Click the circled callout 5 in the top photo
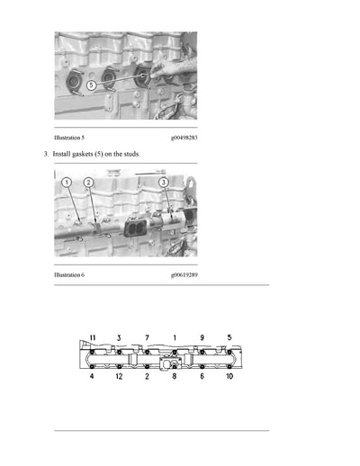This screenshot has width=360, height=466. point(91,85)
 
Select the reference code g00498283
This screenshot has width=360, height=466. point(183,139)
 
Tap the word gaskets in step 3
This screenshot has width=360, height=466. point(85,156)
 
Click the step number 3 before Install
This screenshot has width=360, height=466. point(46,156)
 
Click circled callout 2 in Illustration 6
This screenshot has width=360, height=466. point(88,183)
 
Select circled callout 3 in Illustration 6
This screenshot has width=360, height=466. point(163,183)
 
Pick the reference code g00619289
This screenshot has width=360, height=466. point(183,273)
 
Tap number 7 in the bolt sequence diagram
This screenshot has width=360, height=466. point(147,337)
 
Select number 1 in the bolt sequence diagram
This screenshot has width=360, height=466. point(175,337)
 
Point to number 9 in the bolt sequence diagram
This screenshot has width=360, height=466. point(202,337)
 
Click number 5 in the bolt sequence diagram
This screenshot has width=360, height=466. point(229,337)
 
